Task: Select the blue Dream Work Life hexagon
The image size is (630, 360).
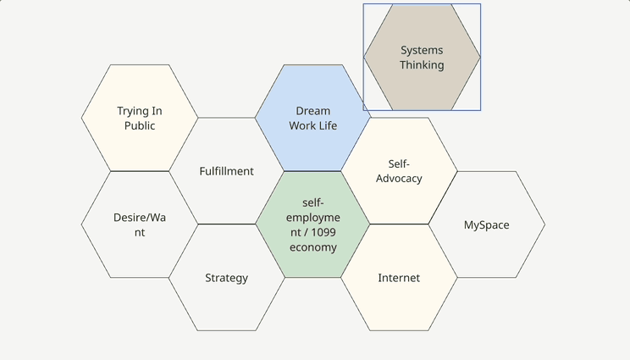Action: [312, 144]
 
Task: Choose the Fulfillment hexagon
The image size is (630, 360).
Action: [226, 191]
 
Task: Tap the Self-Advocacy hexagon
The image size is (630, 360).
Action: [399, 199]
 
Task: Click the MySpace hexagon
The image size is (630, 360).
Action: [486, 246]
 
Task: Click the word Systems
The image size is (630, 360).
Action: [422, 51]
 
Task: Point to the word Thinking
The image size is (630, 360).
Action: [422, 65]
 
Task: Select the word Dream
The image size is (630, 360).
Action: [313, 111]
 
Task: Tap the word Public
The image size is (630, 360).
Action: [140, 126]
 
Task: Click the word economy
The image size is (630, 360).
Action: [313, 247]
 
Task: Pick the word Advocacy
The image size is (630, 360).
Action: [399, 179]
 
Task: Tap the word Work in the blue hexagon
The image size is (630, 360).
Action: [302, 126]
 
